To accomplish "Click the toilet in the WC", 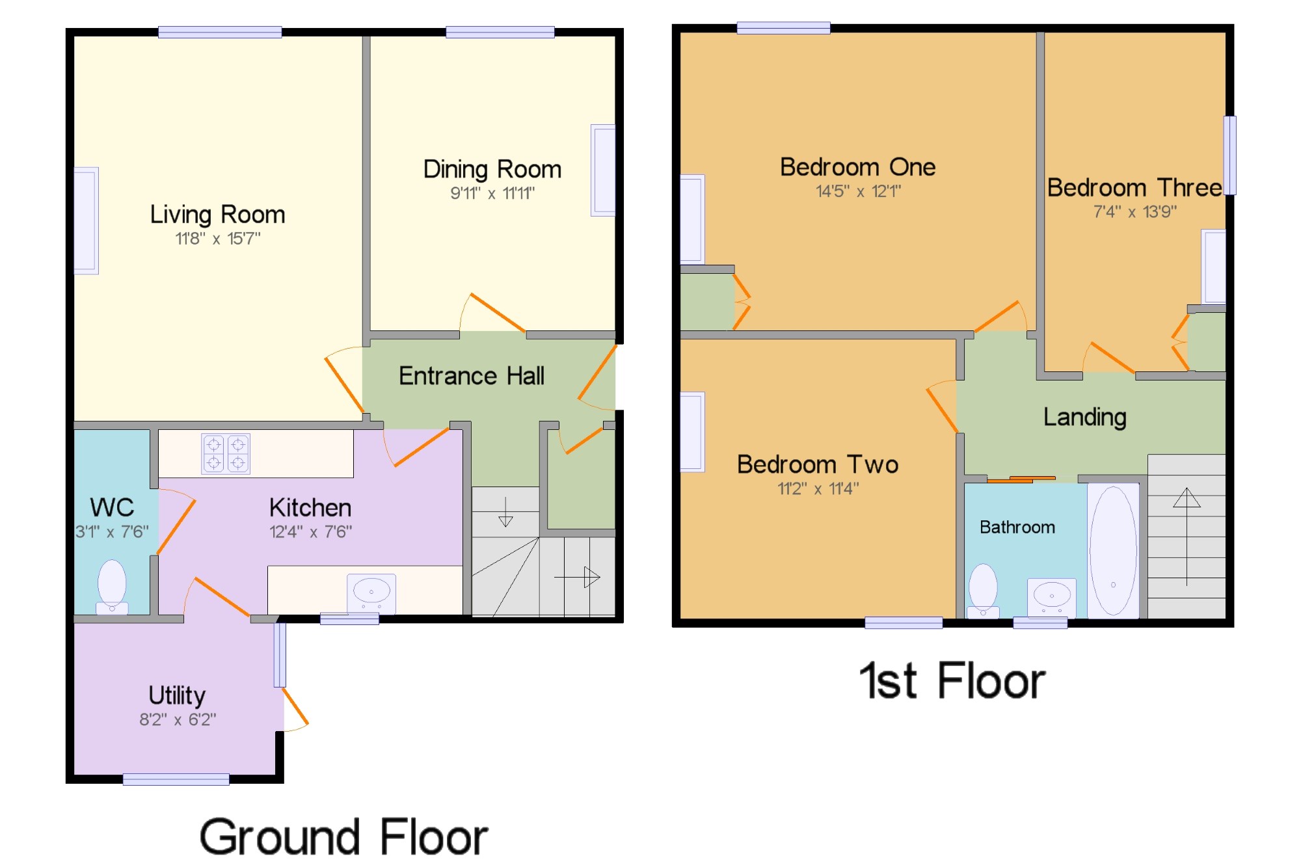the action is [x=112, y=587].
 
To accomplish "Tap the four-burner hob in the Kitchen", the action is [x=226, y=453].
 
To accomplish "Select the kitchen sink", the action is [x=371, y=593].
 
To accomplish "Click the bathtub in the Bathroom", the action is [x=1113, y=550].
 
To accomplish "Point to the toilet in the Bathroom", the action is [x=983, y=590].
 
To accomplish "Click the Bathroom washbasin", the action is [x=1052, y=597].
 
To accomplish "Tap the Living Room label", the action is [x=217, y=215].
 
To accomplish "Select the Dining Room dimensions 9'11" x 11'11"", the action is [x=492, y=193].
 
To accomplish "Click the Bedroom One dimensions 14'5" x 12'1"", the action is [x=859, y=191].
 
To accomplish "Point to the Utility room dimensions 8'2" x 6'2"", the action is [x=178, y=719].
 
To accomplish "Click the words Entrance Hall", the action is [x=472, y=376].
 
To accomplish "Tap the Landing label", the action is [x=1085, y=417].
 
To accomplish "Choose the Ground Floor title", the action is [x=343, y=837].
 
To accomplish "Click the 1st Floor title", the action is [x=952, y=681].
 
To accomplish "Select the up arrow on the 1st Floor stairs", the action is [x=1187, y=537].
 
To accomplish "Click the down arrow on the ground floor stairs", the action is [x=505, y=512].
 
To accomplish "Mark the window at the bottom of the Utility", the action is [x=176, y=779].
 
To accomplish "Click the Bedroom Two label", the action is [x=818, y=464].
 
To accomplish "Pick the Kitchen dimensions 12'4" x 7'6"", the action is [x=311, y=532].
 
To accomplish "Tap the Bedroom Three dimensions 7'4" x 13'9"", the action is [x=1135, y=212].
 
